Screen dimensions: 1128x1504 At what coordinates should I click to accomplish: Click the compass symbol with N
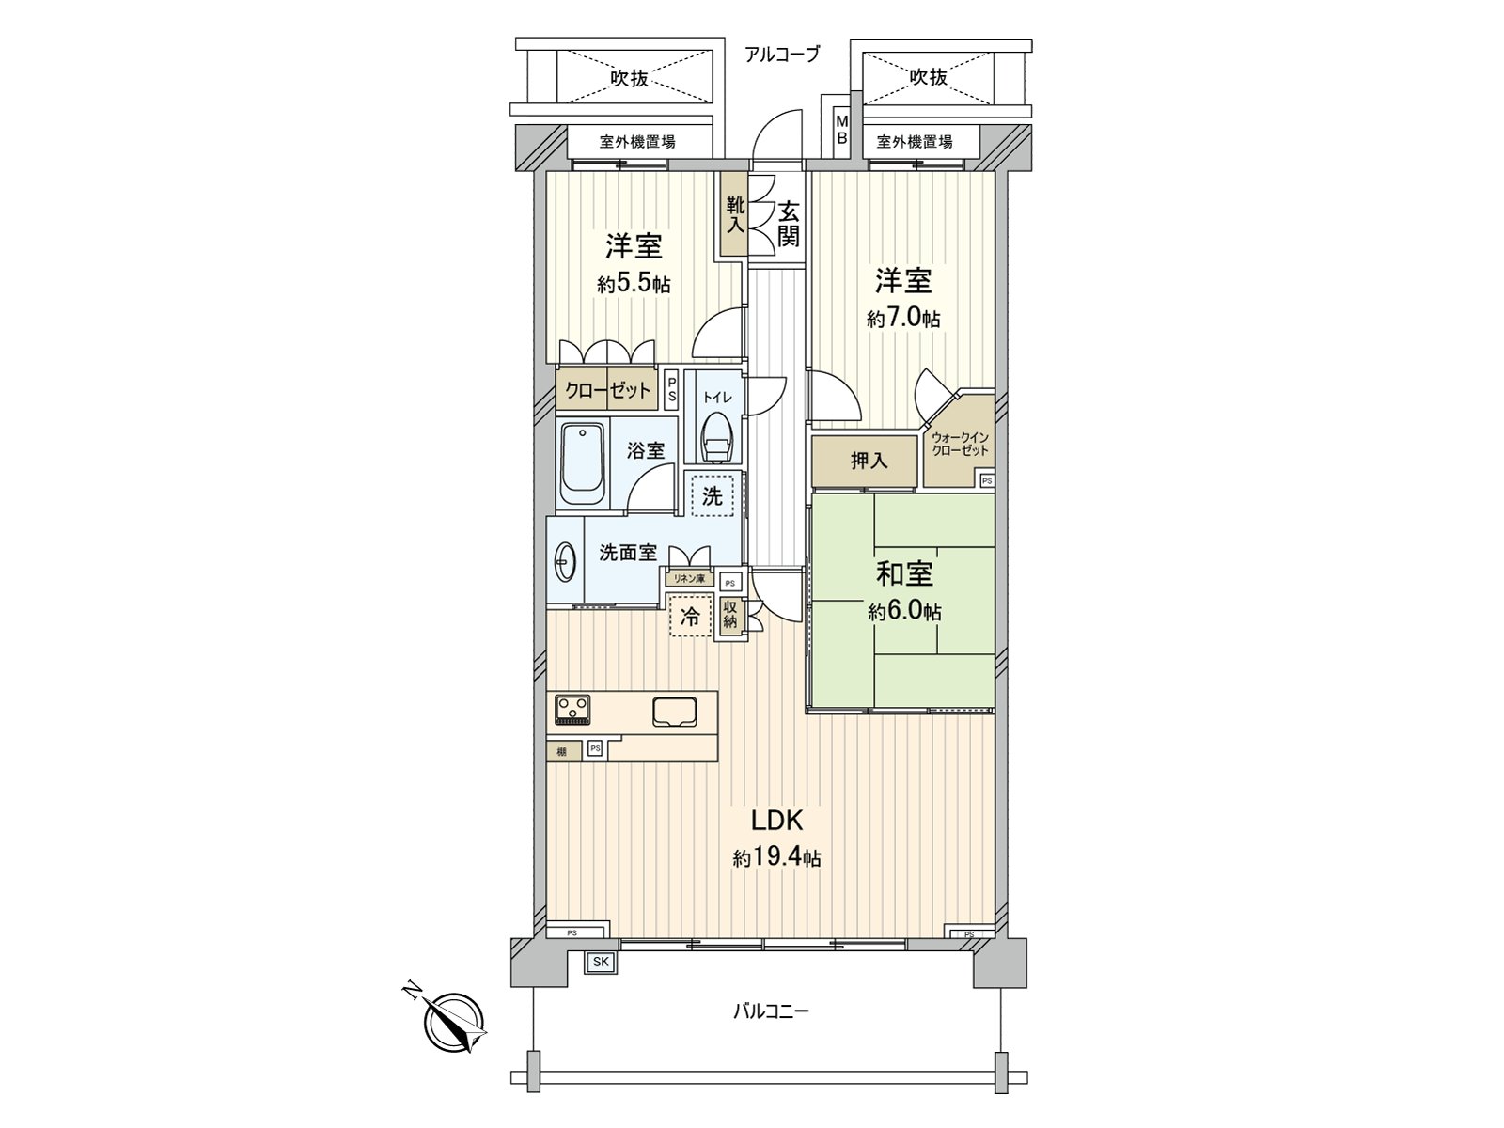point(455,1023)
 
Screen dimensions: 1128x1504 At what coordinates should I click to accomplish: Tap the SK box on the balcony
point(599,962)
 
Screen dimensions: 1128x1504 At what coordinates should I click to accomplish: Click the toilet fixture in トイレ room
point(717,436)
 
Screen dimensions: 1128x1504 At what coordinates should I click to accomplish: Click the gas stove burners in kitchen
point(572,709)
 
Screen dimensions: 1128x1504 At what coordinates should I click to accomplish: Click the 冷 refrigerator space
point(690,618)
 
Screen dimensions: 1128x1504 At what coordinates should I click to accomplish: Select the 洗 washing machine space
point(713,495)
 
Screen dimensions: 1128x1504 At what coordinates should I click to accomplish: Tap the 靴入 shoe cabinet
point(734,214)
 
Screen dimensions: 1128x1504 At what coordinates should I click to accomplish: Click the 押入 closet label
point(869,461)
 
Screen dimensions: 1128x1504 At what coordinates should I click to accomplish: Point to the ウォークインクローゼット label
point(960,444)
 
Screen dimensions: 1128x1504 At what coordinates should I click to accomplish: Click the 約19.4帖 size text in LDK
point(776,857)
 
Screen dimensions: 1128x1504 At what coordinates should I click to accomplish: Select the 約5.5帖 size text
point(634,284)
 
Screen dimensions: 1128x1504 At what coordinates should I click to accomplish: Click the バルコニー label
point(771,1011)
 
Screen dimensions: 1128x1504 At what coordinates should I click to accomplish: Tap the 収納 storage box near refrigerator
point(730,617)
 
